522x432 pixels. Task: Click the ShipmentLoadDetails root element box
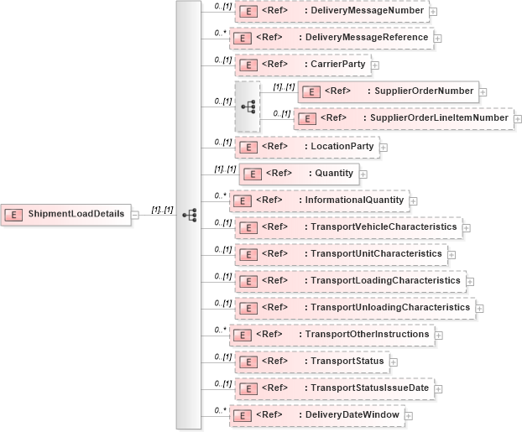pyautogui.click(x=65, y=215)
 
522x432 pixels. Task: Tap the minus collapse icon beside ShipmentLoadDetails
pyautogui.click(x=134, y=215)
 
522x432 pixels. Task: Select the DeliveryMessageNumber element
pyautogui.click(x=331, y=11)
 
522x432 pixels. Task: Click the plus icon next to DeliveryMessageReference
pyautogui.click(x=438, y=39)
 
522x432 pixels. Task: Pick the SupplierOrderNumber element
pyautogui.click(x=388, y=91)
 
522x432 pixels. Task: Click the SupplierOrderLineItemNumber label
pyautogui.click(x=439, y=118)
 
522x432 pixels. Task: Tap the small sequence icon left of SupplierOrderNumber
pyautogui.click(x=248, y=106)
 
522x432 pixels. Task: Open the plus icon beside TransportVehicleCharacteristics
pyautogui.click(x=467, y=227)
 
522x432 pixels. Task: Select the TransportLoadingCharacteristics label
pyautogui.click(x=382, y=280)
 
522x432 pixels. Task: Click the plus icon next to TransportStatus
pyautogui.click(x=394, y=362)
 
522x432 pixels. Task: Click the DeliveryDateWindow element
pyautogui.click(x=317, y=415)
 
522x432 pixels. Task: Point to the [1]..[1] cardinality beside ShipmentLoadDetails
pyautogui.click(x=161, y=210)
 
